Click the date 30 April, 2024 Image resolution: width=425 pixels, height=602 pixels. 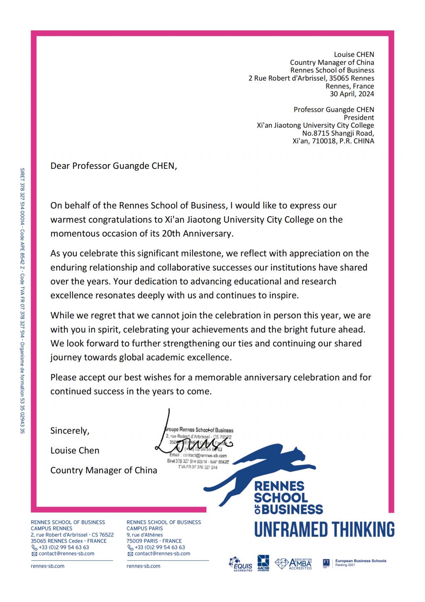tap(352, 94)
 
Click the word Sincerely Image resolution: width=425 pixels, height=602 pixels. tap(70, 430)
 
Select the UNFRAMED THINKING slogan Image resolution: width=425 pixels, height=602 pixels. tap(324, 529)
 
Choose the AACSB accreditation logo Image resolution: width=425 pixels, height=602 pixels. tap(263, 563)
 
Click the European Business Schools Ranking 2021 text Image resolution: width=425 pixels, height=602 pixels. tap(360, 563)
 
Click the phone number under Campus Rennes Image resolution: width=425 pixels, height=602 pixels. tap(64, 548)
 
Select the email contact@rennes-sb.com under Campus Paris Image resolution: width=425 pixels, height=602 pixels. tap(162, 554)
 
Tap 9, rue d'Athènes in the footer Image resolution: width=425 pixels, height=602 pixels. tap(144, 535)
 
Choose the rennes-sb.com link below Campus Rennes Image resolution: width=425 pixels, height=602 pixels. tap(48, 566)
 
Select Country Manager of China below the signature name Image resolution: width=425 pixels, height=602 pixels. tap(104, 470)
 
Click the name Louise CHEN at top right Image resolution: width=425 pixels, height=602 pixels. tap(354, 54)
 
